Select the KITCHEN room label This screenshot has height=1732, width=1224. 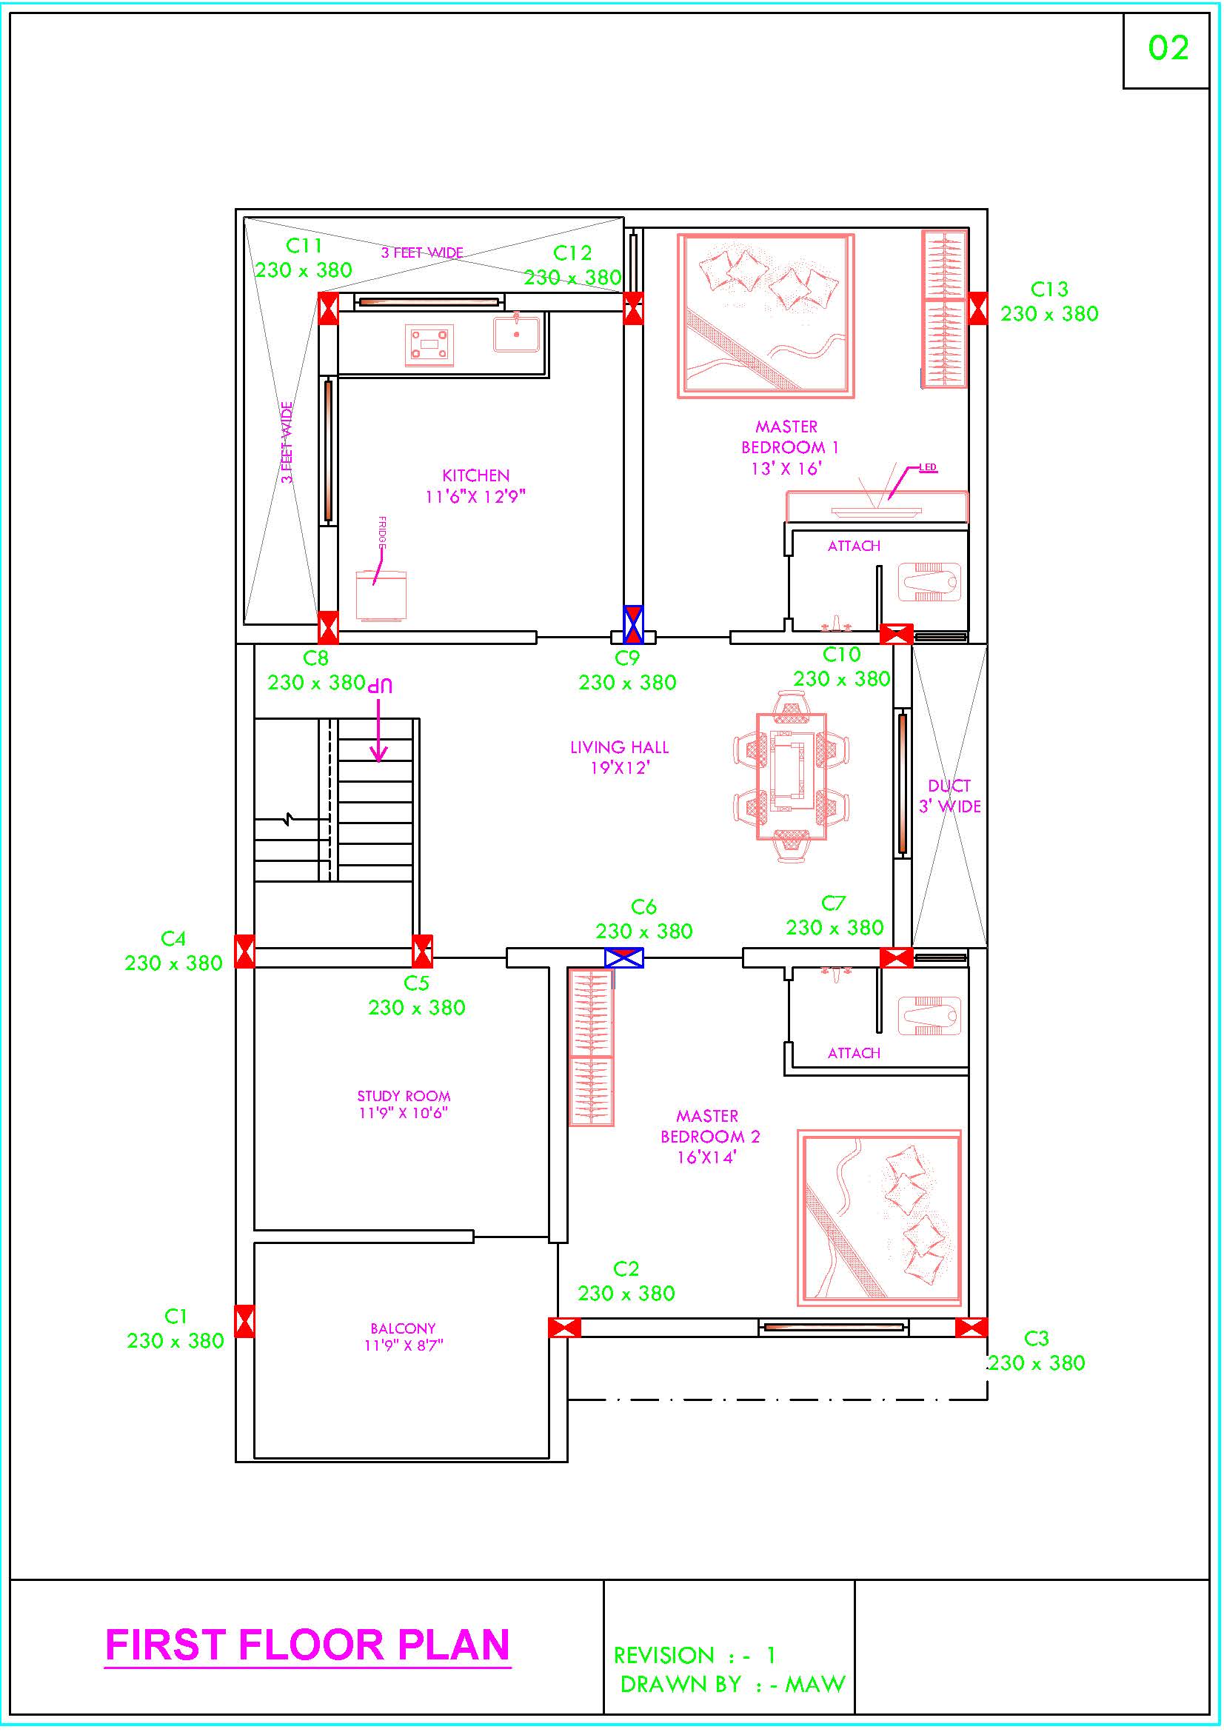[476, 475]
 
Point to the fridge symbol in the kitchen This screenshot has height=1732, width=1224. [381, 597]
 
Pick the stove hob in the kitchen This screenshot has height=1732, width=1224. [429, 346]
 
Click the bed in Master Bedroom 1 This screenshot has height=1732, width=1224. [766, 315]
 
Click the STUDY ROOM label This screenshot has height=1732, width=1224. [404, 1096]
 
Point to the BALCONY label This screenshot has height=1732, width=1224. [403, 1328]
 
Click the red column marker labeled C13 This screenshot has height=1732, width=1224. [978, 309]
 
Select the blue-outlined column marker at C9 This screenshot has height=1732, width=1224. [634, 625]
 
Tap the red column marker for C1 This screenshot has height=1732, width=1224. [244, 1321]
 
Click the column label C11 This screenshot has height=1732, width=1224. [304, 246]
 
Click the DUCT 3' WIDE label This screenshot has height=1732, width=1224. [949, 796]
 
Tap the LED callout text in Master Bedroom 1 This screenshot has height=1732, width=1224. [928, 468]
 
